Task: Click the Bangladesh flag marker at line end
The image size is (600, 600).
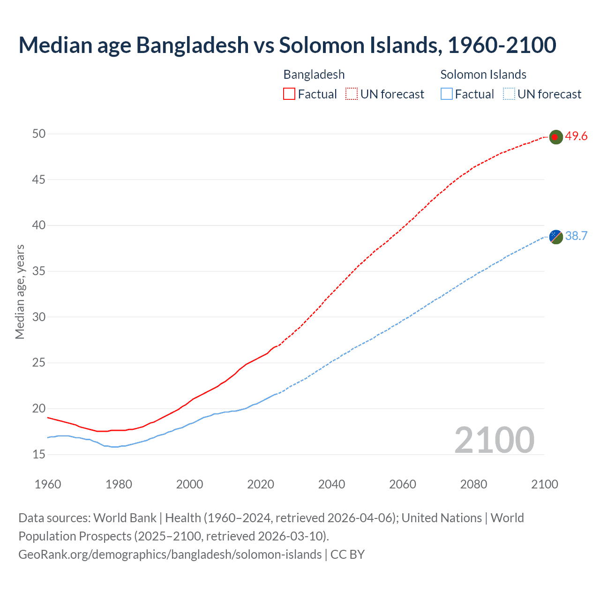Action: click(x=555, y=137)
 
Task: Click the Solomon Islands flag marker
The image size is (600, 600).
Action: click(x=555, y=237)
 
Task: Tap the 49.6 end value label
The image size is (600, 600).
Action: click(x=576, y=136)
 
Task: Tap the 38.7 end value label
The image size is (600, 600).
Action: click(x=576, y=236)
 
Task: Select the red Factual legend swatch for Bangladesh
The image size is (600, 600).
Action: click(x=289, y=94)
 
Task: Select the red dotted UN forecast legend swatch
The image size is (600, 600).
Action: click(x=352, y=94)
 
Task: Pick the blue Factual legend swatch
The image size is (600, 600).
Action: click(x=447, y=94)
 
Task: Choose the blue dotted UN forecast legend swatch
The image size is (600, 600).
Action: click(x=509, y=94)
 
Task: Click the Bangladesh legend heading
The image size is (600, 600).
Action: click(x=314, y=75)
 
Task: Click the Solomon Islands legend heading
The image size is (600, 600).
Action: click(x=483, y=75)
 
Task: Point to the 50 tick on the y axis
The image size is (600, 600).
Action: click(x=39, y=134)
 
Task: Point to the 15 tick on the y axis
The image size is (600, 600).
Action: click(x=39, y=454)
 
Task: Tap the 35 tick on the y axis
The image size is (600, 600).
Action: click(x=39, y=271)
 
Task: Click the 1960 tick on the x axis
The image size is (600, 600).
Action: click(x=48, y=484)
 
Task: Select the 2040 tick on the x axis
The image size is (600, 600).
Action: click(x=331, y=484)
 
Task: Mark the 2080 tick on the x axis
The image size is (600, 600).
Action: click(x=473, y=484)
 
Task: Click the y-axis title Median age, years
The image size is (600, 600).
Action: click(x=20, y=292)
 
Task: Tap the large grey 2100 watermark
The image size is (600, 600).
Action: click(x=495, y=440)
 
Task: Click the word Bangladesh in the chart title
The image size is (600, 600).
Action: click(x=193, y=45)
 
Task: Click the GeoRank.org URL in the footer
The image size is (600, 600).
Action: click(x=170, y=555)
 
